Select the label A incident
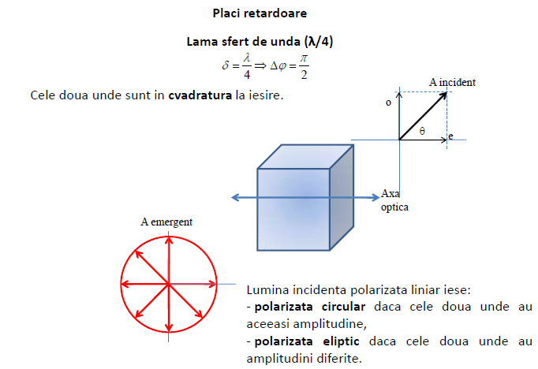point(452,82)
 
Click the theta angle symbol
point(422,131)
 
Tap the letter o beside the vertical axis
point(388,102)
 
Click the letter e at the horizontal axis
point(450,136)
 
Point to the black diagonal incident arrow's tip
point(446,92)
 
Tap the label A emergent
point(166,222)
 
